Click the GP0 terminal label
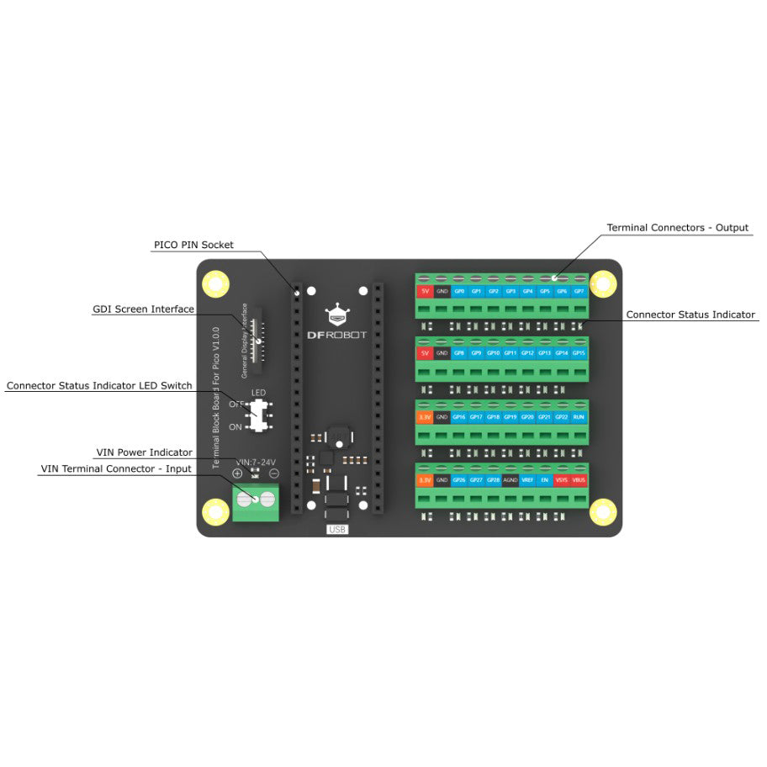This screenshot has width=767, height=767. (459, 291)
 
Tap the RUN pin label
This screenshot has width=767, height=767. (579, 417)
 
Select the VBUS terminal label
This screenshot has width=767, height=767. (579, 479)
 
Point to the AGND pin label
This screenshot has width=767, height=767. (510, 479)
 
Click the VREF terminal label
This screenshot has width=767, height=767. (527, 479)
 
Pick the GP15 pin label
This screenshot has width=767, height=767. (579, 354)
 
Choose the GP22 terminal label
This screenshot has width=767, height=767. (562, 417)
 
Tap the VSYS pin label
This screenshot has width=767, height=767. (562, 479)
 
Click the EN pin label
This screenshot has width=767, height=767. (545, 479)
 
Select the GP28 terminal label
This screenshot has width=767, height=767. (494, 479)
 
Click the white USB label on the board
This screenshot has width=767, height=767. (337, 530)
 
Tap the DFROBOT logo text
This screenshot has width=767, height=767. (337, 334)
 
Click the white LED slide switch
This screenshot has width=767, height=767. (261, 415)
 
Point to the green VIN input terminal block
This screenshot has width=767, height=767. (257, 502)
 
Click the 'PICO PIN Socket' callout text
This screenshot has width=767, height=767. (193, 245)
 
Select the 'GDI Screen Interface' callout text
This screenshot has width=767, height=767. (143, 309)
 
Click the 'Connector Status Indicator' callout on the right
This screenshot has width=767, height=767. (690, 315)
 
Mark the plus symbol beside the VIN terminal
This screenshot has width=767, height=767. (237, 474)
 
